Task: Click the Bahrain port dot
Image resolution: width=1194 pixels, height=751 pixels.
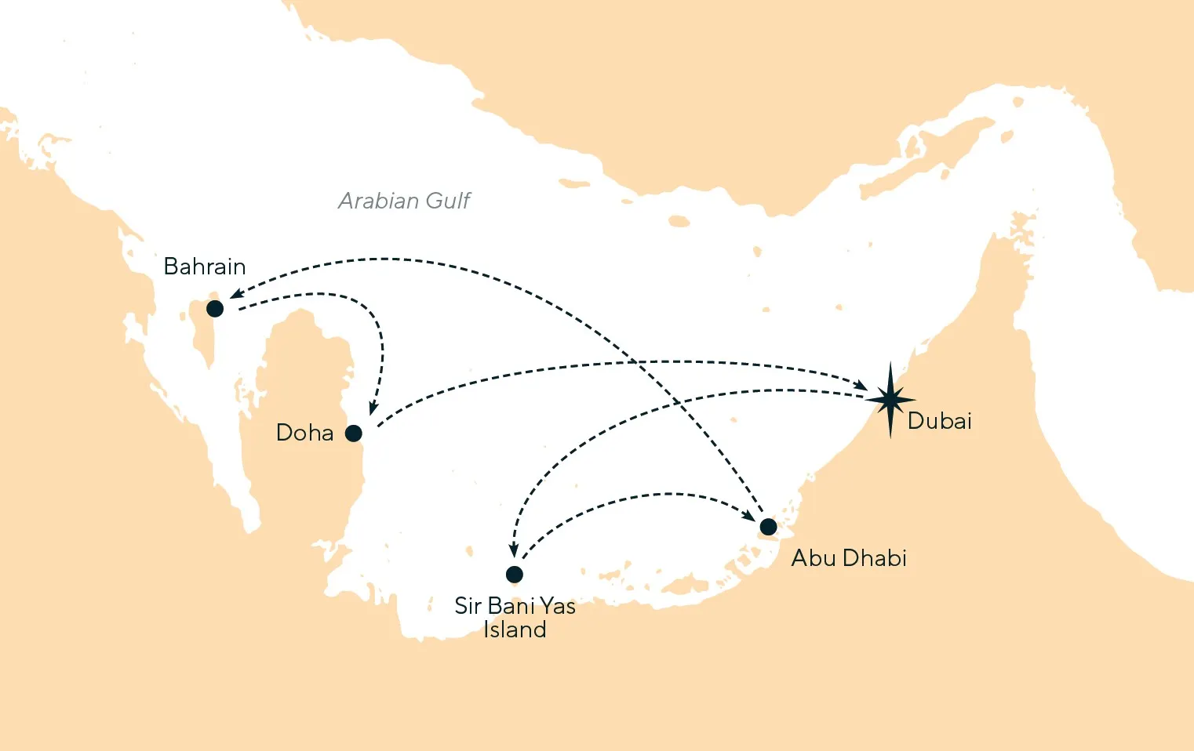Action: click(215, 309)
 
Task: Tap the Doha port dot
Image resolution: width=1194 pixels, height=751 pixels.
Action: click(354, 433)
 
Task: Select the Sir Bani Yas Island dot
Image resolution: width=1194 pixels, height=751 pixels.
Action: click(515, 574)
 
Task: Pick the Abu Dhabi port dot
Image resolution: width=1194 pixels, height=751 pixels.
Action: click(768, 526)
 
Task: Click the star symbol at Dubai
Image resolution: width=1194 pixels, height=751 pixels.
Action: click(890, 400)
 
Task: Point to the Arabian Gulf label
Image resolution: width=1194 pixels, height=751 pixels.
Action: click(404, 201)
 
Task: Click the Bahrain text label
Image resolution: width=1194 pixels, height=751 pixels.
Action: click(205, 267)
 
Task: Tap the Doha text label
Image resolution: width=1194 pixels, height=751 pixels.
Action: click(304, 433)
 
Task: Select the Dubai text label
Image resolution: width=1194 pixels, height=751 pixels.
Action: click(940, 421)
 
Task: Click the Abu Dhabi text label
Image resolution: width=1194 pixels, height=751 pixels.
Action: click(849, 558)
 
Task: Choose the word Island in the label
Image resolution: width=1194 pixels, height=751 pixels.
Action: click(515, 629)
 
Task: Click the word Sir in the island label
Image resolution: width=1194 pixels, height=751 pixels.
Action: click(468, 606)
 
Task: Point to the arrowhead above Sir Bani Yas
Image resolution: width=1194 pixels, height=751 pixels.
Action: click(514, 551)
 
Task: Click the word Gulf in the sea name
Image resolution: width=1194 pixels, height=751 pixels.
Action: click(448, 201)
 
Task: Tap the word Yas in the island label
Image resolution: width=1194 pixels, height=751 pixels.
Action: click(557, 606)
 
